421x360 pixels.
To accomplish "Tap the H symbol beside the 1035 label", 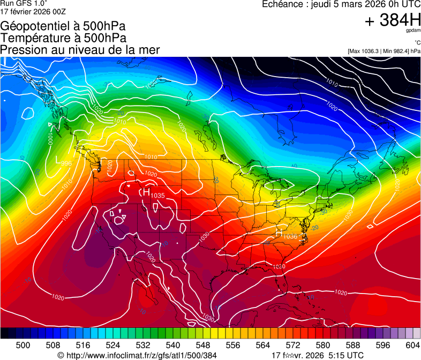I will coord(146,192).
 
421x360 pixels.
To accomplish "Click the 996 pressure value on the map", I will coord(66,163).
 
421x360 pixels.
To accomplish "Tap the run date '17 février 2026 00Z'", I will coord(33,11).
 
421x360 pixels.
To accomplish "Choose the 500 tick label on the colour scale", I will coord(23,344).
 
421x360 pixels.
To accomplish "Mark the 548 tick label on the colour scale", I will coord(203,344).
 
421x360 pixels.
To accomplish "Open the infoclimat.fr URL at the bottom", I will coord(137,355).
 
